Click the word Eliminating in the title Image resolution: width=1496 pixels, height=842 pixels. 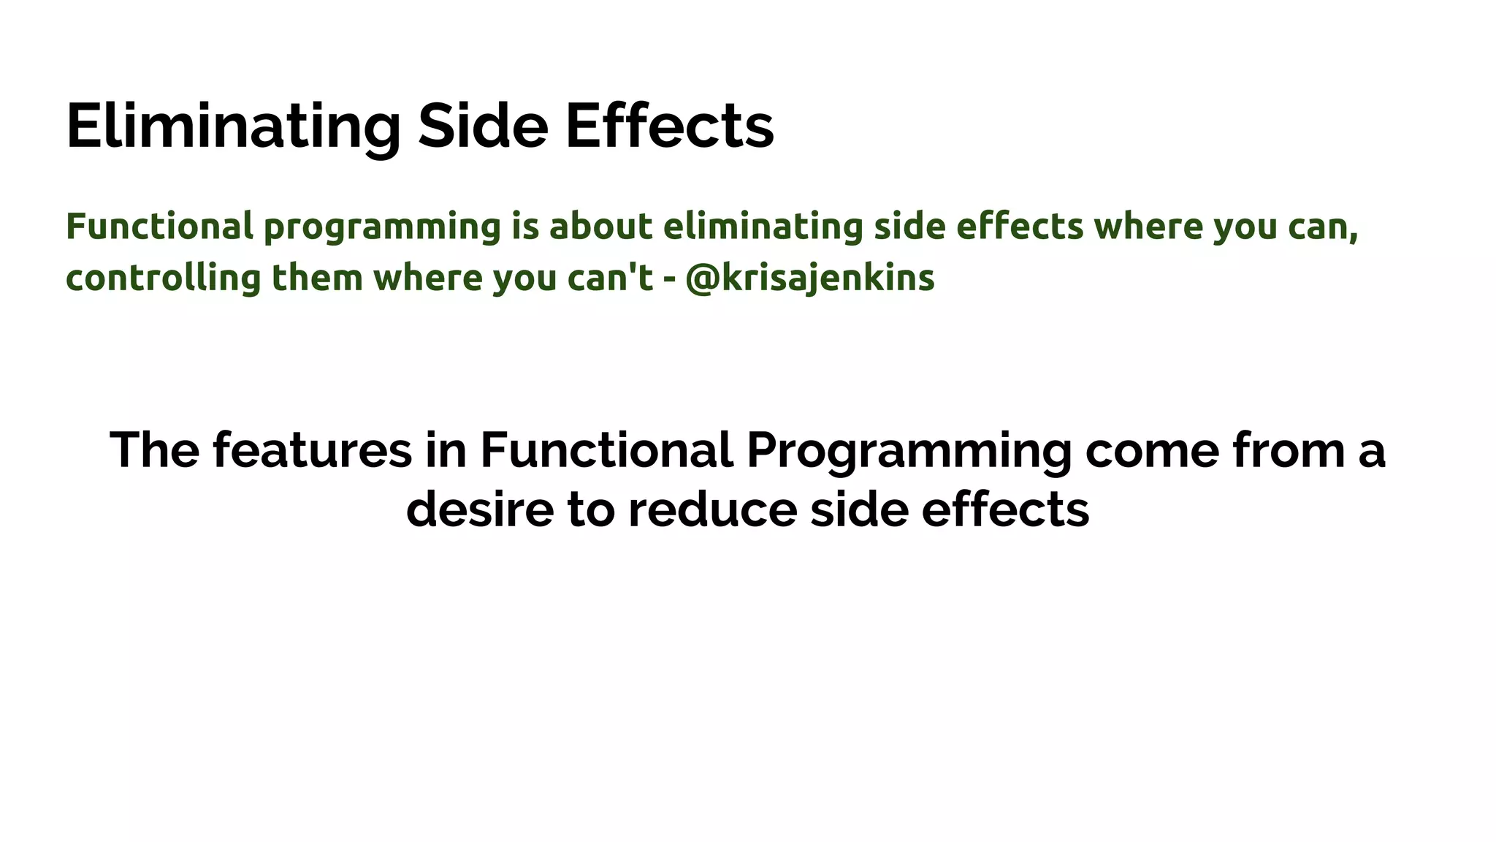pos(232,126)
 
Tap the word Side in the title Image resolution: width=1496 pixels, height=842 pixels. pos(482,126)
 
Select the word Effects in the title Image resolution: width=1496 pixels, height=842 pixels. pos(669,126)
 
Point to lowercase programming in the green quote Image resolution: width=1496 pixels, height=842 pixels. pos(382,228)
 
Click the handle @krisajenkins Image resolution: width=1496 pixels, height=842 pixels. pos(810,278)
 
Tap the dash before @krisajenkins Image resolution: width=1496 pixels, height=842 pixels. pos(669,280)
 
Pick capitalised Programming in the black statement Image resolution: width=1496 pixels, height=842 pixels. pos(909,452)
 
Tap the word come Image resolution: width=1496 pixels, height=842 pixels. pos(1152,451)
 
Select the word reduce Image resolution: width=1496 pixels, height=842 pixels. pos(712,509)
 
